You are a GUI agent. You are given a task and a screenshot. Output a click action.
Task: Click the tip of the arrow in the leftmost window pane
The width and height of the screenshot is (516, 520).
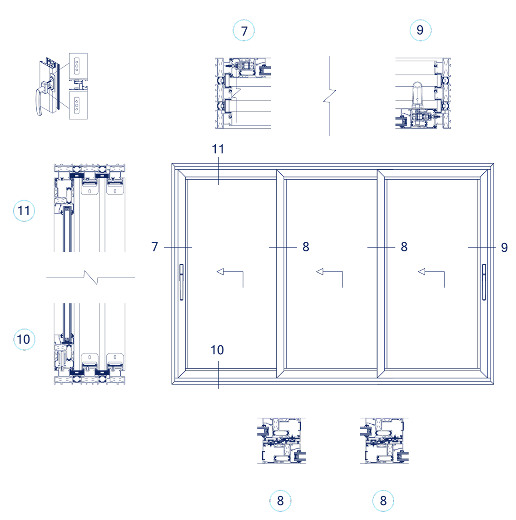coord(217,272)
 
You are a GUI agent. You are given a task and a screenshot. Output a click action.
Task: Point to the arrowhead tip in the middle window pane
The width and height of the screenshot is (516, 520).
coord(317,272)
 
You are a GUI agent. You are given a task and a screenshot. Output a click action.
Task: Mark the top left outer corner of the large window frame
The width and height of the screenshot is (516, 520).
coord(172,163)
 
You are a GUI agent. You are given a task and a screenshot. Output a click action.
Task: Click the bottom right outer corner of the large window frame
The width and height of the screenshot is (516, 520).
coord(494,385)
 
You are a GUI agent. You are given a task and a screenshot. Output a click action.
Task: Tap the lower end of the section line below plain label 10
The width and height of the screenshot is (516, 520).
coord(218,389)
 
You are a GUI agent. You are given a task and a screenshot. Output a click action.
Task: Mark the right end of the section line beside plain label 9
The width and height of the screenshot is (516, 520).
coord(496,247)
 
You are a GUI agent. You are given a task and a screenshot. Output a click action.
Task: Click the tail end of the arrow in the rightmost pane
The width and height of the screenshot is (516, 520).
coord(445,288)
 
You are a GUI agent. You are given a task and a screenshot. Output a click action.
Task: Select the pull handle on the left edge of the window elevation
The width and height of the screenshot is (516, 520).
coord(181,282)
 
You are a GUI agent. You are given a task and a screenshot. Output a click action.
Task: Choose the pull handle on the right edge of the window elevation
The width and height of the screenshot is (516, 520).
coord(484,282)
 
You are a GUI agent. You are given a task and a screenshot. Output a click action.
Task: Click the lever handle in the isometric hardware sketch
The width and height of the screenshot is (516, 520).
coord(41,98)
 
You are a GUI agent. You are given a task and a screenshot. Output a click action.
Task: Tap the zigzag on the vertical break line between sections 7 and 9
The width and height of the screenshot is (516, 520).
coord(330,96)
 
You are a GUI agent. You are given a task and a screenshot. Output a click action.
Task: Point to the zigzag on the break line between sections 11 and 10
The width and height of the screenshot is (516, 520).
coord(91,278)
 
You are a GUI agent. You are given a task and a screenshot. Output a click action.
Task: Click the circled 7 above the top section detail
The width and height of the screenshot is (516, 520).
coord(244,30)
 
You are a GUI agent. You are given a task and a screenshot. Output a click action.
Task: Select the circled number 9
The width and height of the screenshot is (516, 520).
coord(420,30)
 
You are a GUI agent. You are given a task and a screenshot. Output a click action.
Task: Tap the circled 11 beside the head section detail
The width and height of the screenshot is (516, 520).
coord(24,211)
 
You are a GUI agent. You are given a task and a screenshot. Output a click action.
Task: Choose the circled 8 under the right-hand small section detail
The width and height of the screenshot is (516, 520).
coord(383,501)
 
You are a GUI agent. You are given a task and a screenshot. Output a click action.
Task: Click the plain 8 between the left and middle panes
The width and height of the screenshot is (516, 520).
coord(306,247)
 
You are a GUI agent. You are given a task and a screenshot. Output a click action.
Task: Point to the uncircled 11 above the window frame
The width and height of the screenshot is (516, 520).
coord(218,149)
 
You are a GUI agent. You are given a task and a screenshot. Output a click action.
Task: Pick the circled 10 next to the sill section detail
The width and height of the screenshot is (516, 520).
coord(24,339)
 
